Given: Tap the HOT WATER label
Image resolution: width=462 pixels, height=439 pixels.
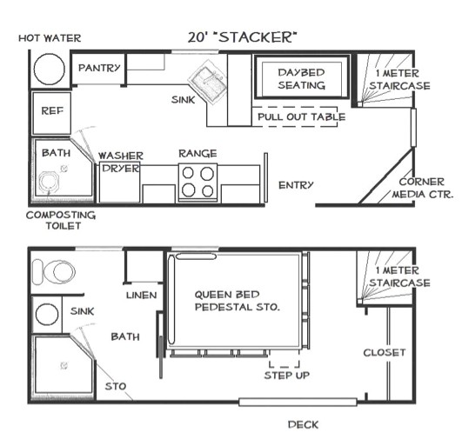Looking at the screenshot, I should point(50,38).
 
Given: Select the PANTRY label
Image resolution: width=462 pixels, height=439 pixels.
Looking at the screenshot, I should point(98,68).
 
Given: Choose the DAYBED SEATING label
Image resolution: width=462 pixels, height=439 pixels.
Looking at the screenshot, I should point(301,78).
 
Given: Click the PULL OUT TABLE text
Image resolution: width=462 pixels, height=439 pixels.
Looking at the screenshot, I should point(301,116).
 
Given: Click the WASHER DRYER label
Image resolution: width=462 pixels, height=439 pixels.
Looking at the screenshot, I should point(120,162).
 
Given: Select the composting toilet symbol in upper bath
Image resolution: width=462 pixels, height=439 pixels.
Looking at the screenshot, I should point(50,183).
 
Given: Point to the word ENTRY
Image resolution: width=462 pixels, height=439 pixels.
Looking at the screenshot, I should point(296,185).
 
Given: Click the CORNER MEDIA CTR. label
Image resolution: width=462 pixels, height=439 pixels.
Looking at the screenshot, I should point(425,189).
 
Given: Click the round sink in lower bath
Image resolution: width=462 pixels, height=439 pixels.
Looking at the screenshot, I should point(48,314).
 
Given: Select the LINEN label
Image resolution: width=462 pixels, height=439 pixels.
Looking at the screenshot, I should point(141,296).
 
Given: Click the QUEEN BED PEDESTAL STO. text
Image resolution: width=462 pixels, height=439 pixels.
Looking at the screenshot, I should point(237,301).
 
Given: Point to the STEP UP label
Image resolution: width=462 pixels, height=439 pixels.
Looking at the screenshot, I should point(285,376).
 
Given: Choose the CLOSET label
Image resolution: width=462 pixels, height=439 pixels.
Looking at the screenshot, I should point(384,352).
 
